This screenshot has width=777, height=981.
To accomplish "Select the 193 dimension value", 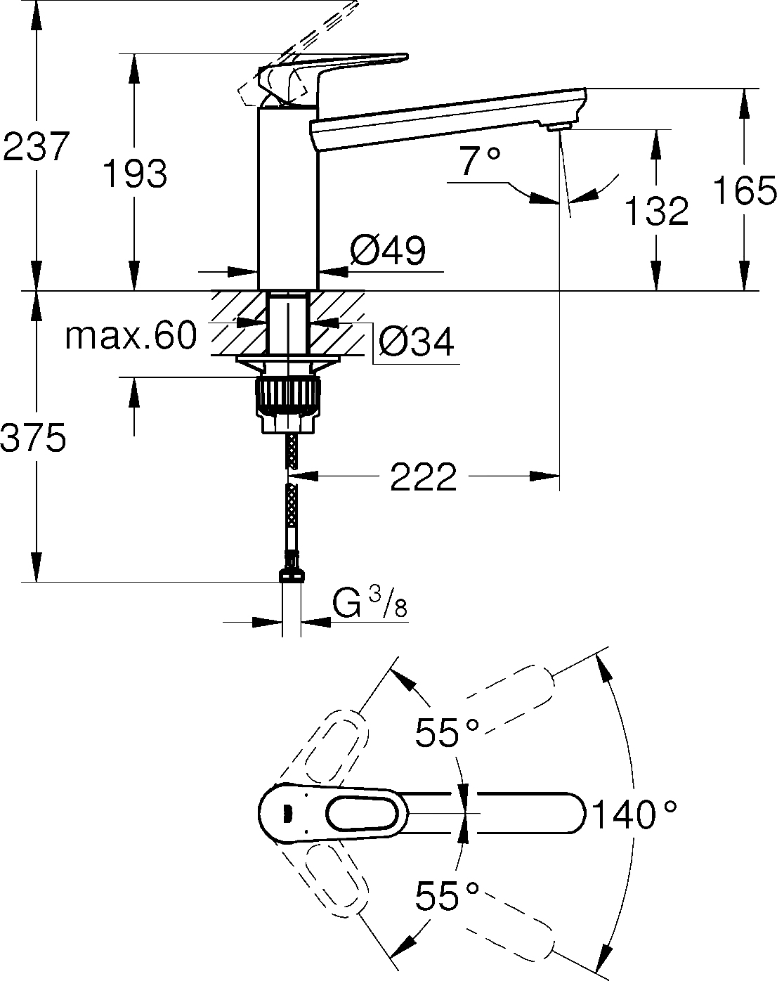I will tap(135, 173).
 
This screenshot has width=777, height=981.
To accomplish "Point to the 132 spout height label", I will tap(657, 211).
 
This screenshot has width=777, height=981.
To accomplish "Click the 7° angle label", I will tap(481, 161).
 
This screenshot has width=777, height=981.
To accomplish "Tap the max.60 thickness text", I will tap(131, 336).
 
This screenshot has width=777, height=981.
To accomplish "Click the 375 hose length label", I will tap(34, 438).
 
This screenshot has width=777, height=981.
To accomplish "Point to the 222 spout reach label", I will tap(423, 478).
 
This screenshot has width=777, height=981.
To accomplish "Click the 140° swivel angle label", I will tap(634, 815).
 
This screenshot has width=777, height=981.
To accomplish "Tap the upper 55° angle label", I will tap(446, 734).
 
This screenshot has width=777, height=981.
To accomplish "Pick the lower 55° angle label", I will tap(446, 897).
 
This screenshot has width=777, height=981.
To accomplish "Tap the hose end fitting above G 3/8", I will tap(292, 573).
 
